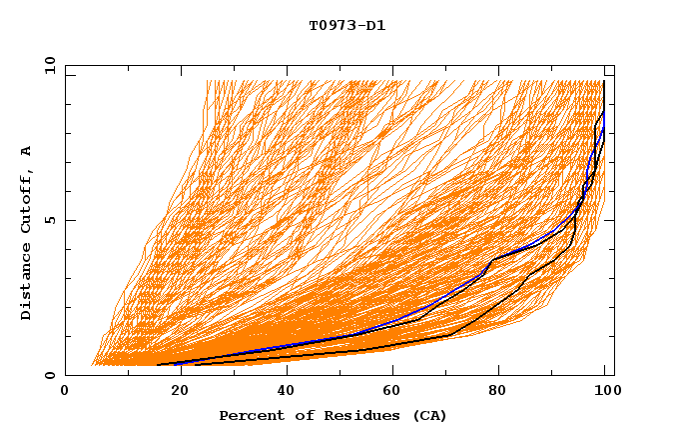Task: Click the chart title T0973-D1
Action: (346, 25)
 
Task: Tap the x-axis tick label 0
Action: (65, 393)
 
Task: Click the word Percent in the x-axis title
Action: (248, 416)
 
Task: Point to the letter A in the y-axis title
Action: (27, 151)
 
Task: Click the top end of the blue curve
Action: (603, 113)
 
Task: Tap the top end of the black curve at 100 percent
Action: (603, 81)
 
